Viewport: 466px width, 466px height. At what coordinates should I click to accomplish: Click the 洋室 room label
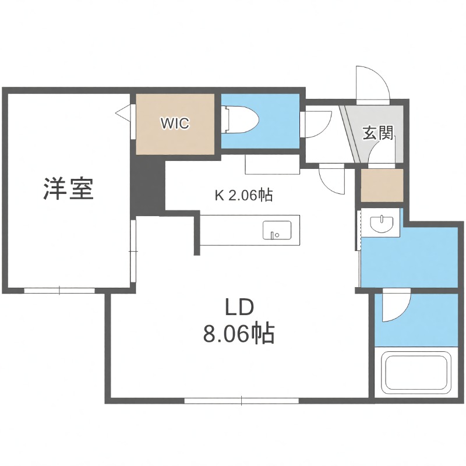69,189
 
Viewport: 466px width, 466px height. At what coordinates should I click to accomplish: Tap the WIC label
175,124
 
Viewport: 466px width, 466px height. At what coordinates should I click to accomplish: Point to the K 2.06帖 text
244,196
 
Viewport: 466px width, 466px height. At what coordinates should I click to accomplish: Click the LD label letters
238,308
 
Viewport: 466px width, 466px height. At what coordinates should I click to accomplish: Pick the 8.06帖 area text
238,334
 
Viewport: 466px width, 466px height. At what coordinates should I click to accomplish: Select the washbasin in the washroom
381,223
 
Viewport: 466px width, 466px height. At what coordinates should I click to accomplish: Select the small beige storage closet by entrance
382,185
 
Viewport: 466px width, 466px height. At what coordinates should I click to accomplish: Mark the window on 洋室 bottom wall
59,289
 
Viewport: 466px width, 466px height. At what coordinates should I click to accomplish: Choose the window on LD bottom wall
242,401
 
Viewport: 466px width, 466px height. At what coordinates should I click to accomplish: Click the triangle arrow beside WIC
123,111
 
